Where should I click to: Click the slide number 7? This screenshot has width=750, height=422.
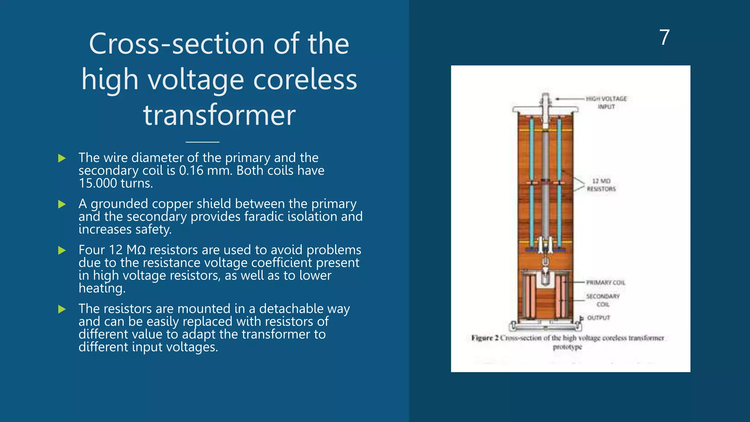coord(664,37)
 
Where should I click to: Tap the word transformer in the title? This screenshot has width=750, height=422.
coord(219,115)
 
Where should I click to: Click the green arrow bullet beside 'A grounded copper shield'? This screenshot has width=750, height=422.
coord(62,204)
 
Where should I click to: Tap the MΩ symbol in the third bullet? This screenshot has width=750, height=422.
coord(136,250)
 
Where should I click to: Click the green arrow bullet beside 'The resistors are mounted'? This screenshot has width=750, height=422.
coord(62,310)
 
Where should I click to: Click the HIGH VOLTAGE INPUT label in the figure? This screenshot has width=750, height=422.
coord(606,103)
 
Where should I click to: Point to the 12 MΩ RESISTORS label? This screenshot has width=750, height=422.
coord(601,185)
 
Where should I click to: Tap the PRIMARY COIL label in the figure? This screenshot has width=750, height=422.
coord(606,282)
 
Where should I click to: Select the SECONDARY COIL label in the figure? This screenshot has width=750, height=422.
coord(603,300)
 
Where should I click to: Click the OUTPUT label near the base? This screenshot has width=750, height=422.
coord(599,318)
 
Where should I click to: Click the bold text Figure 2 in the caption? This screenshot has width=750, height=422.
coord(484,338)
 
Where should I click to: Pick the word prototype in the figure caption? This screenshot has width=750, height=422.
coord(567,347)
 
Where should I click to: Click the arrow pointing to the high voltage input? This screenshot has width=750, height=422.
coord(569,99)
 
